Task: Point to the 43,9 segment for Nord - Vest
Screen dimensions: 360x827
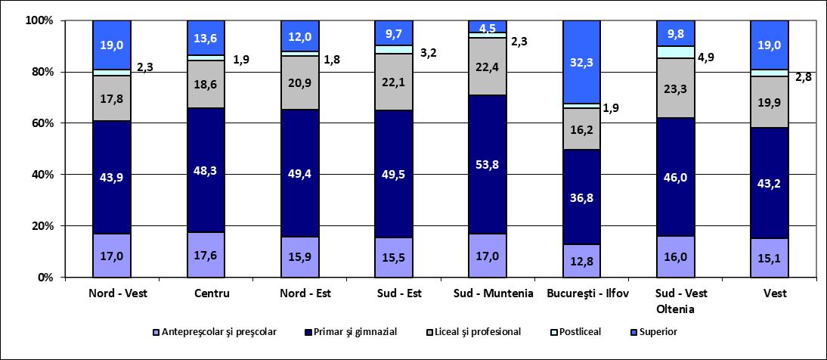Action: [x=112, y=177]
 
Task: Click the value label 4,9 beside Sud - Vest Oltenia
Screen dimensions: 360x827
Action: [x=711, y=56]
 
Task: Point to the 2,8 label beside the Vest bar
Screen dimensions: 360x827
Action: [x=803, y=76]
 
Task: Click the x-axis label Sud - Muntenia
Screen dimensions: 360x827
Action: [x=488, y=293]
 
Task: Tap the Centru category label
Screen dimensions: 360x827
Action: [x=206, y=293]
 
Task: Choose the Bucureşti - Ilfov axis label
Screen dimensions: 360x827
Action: [x=581, y=293]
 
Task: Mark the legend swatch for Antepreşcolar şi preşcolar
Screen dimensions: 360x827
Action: [x=156, y=331]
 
